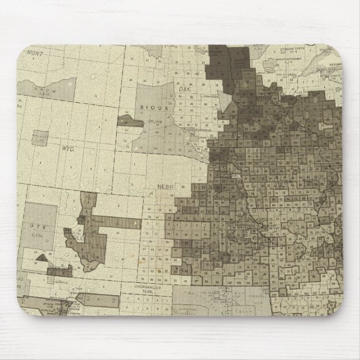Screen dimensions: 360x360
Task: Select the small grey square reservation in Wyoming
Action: (40, 138)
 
